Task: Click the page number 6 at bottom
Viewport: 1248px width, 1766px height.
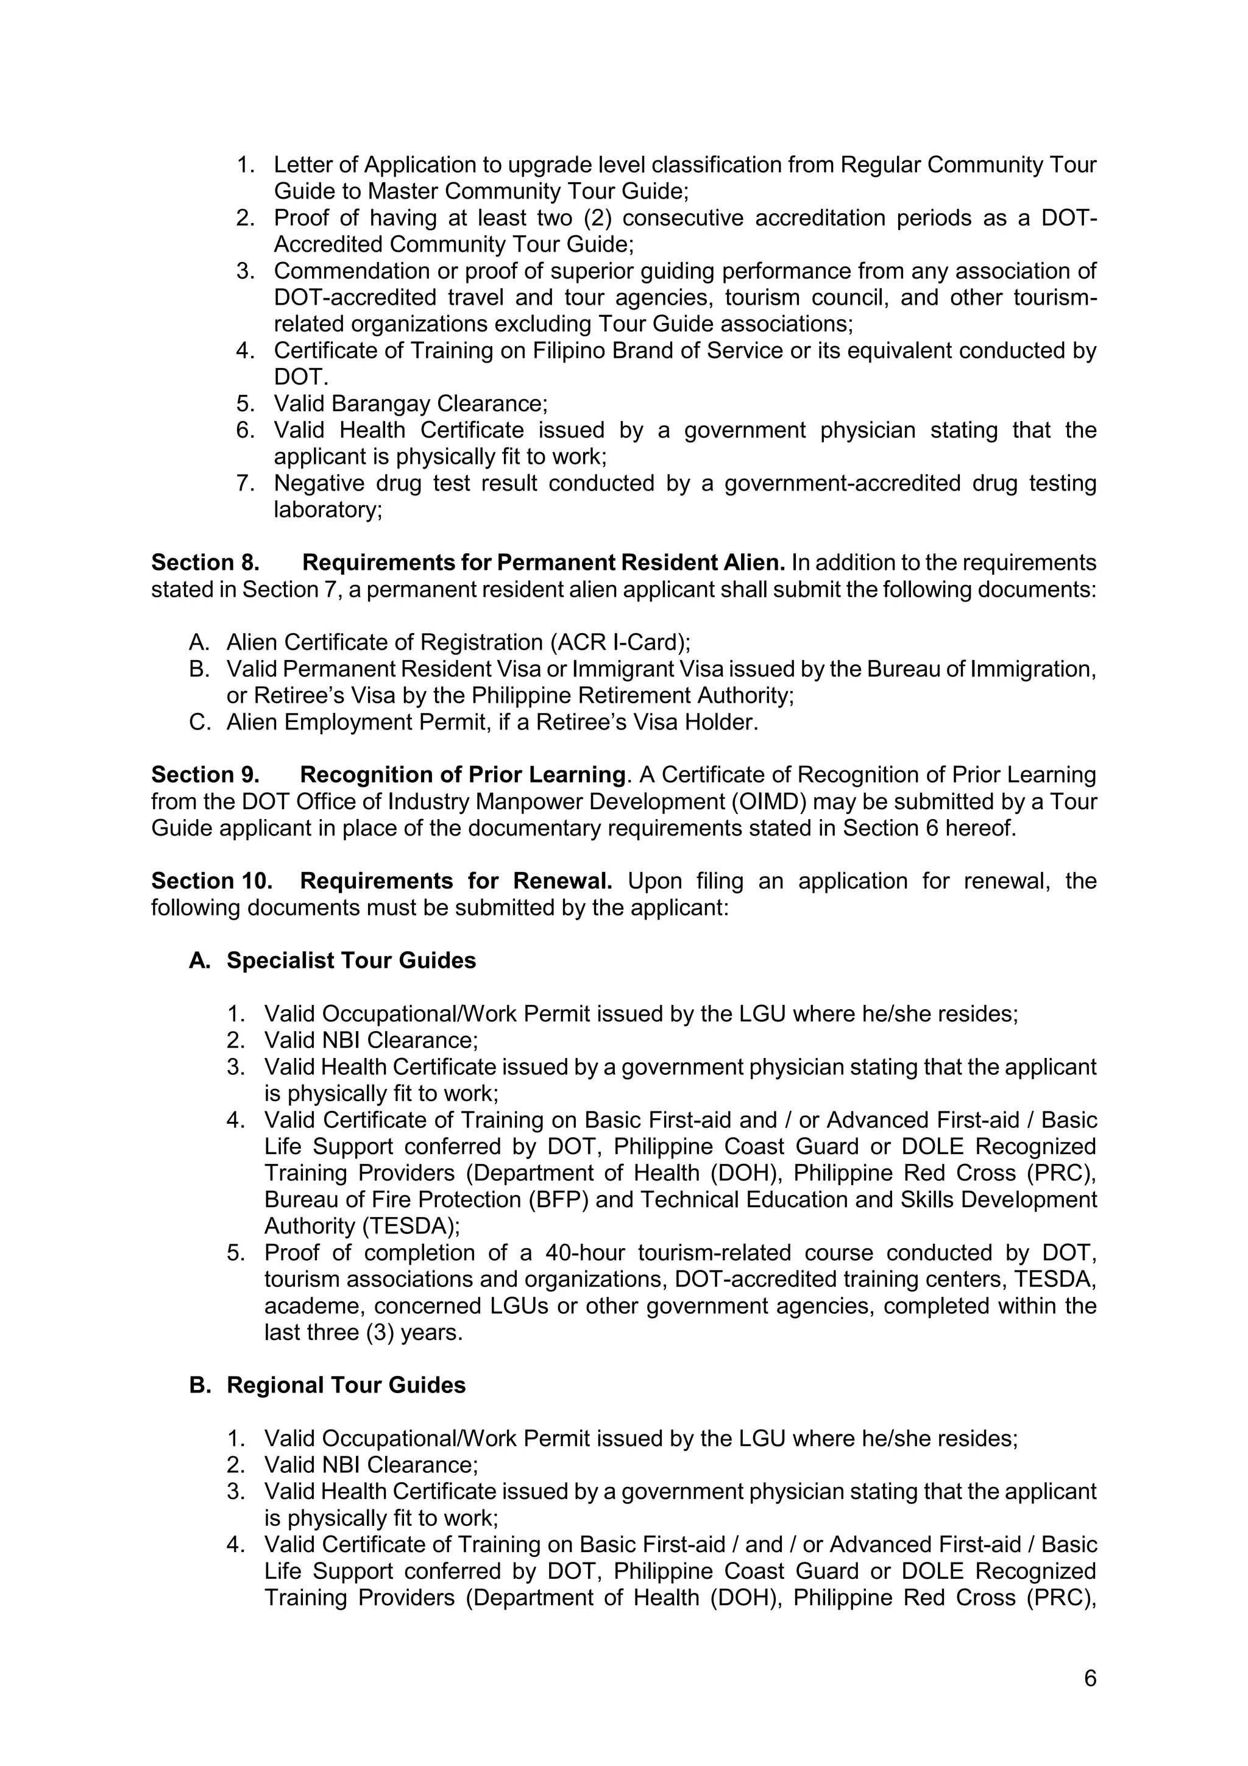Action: point(1090,1678)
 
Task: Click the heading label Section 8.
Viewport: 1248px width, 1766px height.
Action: point(205,562)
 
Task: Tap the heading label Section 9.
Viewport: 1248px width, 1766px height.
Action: point(205,775)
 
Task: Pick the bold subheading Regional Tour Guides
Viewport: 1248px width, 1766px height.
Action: point(346,1385)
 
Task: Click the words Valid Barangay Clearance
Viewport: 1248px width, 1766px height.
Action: point(410,404)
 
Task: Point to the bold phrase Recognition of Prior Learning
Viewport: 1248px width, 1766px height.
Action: point(462,775)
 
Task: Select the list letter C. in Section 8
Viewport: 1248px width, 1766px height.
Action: point(199,722)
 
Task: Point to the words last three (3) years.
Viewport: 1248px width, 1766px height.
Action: point(363,1333)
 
